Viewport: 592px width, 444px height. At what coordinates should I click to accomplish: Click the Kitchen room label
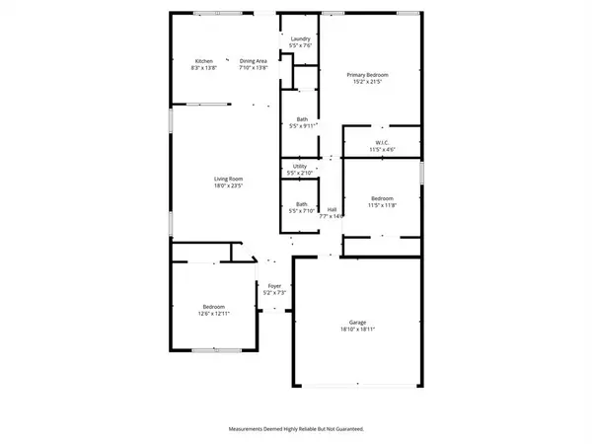pos(204,61)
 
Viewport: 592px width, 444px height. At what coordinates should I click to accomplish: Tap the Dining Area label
pos(254,61)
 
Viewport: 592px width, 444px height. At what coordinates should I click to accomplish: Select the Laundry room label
pos(301,38)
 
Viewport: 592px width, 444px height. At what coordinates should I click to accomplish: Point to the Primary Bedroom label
pos(366,74)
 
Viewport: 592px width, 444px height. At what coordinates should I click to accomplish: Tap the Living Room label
pos(227,179)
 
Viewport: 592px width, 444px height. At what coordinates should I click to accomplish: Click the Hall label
pos(333,208)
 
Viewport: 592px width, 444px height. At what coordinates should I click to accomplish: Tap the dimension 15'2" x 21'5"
pos(366,81)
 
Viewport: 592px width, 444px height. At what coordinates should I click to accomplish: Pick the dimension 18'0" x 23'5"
pos(227,185)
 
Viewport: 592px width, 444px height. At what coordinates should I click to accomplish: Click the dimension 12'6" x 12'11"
pos(214,313)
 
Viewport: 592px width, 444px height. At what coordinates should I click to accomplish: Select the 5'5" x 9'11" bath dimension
pos(301,125)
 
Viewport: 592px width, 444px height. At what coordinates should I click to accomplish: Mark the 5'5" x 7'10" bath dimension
pos(301,210)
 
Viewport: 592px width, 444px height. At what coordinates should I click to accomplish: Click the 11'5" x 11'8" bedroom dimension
pos(383,204)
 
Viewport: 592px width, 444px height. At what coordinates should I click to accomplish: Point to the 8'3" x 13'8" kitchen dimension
pos(204,67)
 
